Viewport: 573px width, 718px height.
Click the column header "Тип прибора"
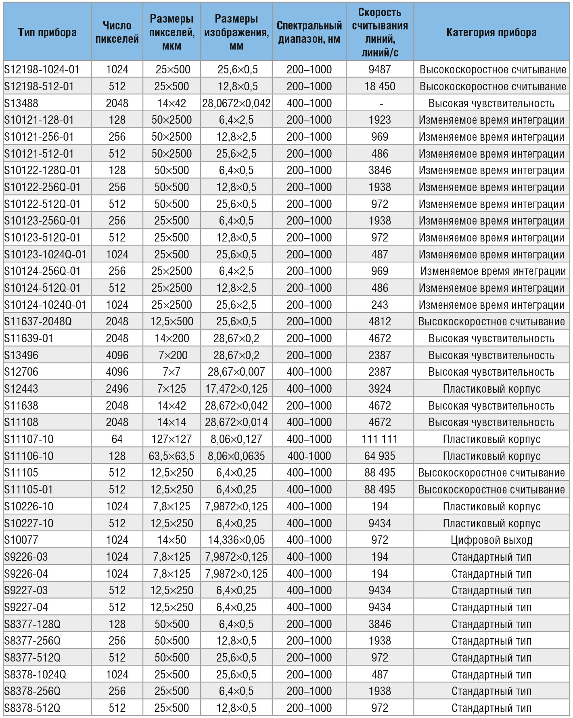[47, 32]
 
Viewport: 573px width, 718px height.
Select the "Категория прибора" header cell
[491, 32]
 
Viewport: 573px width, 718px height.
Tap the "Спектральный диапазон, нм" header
[309, 32]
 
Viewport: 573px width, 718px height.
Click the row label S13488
[21, 103]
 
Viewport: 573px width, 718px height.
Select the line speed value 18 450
[380, 86]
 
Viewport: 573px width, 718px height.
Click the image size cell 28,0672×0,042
[236, 103]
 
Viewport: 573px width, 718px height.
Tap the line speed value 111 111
[380, 439]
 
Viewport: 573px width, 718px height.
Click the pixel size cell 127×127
[171, 439]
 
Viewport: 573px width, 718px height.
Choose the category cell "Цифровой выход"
[491, 540]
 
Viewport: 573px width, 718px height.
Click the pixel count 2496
[117, 389]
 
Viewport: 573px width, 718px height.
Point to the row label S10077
[21, 540]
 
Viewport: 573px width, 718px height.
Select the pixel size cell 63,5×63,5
[171, 456]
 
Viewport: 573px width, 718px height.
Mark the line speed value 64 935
[380, 456]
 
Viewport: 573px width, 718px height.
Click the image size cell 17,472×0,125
[236, 389]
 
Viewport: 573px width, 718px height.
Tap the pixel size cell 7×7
[171, 372]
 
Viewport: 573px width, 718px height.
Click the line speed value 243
[380, 305]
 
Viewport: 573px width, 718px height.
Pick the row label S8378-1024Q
[35, 674]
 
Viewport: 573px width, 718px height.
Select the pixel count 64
[117, 439]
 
